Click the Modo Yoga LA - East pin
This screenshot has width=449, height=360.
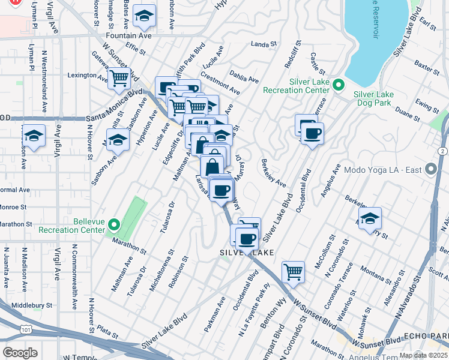pyautogui.click(x=431, y=170)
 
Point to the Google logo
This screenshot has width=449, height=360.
pyautogui.click(x=20, y=353)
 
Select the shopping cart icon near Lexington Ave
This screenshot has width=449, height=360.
pyautogui.click(x=119, y=77)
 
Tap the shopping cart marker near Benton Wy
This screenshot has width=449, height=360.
pyautogui.click(x=293, y=272)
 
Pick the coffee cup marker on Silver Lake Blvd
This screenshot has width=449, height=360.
pyautogui.click(x=312, y=133)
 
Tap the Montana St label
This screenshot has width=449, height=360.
pyautogui.click(x=378, y=272)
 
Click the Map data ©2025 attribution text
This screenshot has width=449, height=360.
pyautogui.click(x=423, y=355)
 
